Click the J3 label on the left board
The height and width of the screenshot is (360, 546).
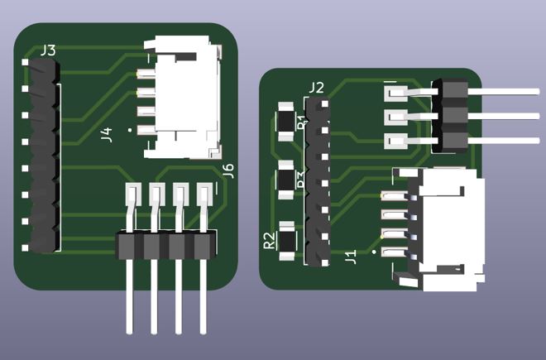coord(48,51)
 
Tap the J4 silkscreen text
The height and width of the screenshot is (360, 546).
coord(106,134)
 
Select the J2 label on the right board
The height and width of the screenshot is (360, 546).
coord(315,87)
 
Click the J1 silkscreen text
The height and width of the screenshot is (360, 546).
coord(350,257)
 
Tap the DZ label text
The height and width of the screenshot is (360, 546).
coord(301,180)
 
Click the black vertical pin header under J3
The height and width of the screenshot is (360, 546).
coord(43,157)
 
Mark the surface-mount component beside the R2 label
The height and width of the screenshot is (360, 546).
coord(288,239)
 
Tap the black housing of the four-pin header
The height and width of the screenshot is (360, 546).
coord(165,245)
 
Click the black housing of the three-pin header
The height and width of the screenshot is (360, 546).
coord(452,115)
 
